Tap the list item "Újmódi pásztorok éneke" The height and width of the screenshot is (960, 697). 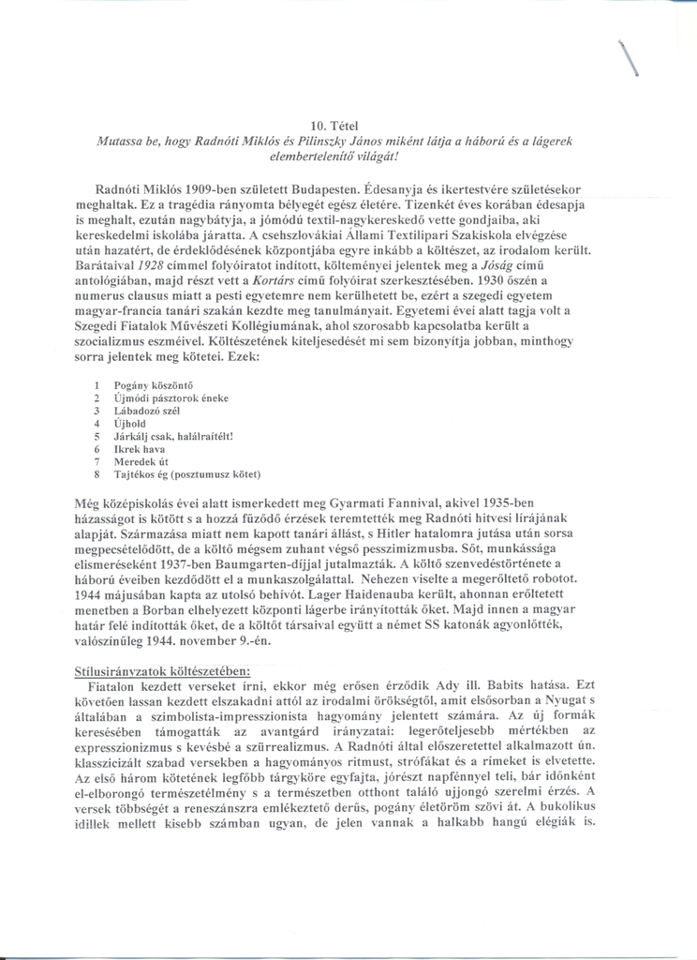(x=171, y=397)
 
